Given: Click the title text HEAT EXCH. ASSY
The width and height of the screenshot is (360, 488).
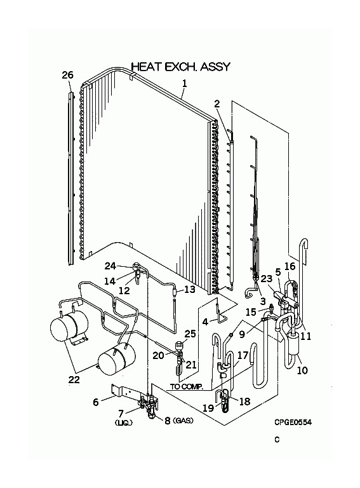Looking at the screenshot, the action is point(181,67).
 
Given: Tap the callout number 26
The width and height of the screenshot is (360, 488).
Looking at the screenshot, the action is point(67,75).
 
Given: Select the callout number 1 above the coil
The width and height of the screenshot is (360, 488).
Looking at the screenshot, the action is point(185,83).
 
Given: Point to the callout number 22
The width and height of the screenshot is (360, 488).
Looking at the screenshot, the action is point(74,379).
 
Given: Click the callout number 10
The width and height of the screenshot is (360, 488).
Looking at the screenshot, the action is point(302,370).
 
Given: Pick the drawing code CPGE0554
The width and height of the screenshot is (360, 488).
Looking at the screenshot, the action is point(293,422).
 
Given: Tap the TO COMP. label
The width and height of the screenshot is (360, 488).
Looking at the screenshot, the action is point(186,387).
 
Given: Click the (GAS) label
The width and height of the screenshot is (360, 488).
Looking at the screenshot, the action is point(183,420).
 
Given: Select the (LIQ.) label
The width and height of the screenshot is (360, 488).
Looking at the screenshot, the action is point(124,423).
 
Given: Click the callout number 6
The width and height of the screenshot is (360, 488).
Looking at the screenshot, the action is point(96,402).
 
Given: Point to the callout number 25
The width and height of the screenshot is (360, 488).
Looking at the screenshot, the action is point(190,334).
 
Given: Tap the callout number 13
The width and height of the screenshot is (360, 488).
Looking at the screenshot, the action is point(190,289).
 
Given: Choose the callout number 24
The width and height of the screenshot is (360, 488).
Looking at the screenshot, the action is point(110,266).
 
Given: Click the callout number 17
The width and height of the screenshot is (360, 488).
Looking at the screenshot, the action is point(243,355).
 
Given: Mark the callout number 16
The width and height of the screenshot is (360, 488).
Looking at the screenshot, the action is point(290,266).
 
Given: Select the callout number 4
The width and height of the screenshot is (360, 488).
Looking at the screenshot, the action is point(205,322).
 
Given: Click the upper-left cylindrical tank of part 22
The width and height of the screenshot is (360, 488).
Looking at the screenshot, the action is point(69,327).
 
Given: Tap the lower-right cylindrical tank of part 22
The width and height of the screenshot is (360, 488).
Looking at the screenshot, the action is point(117,361).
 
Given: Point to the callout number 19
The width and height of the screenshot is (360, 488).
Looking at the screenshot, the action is point(208,408).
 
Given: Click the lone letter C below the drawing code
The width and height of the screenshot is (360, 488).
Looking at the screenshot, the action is point(277,440).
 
